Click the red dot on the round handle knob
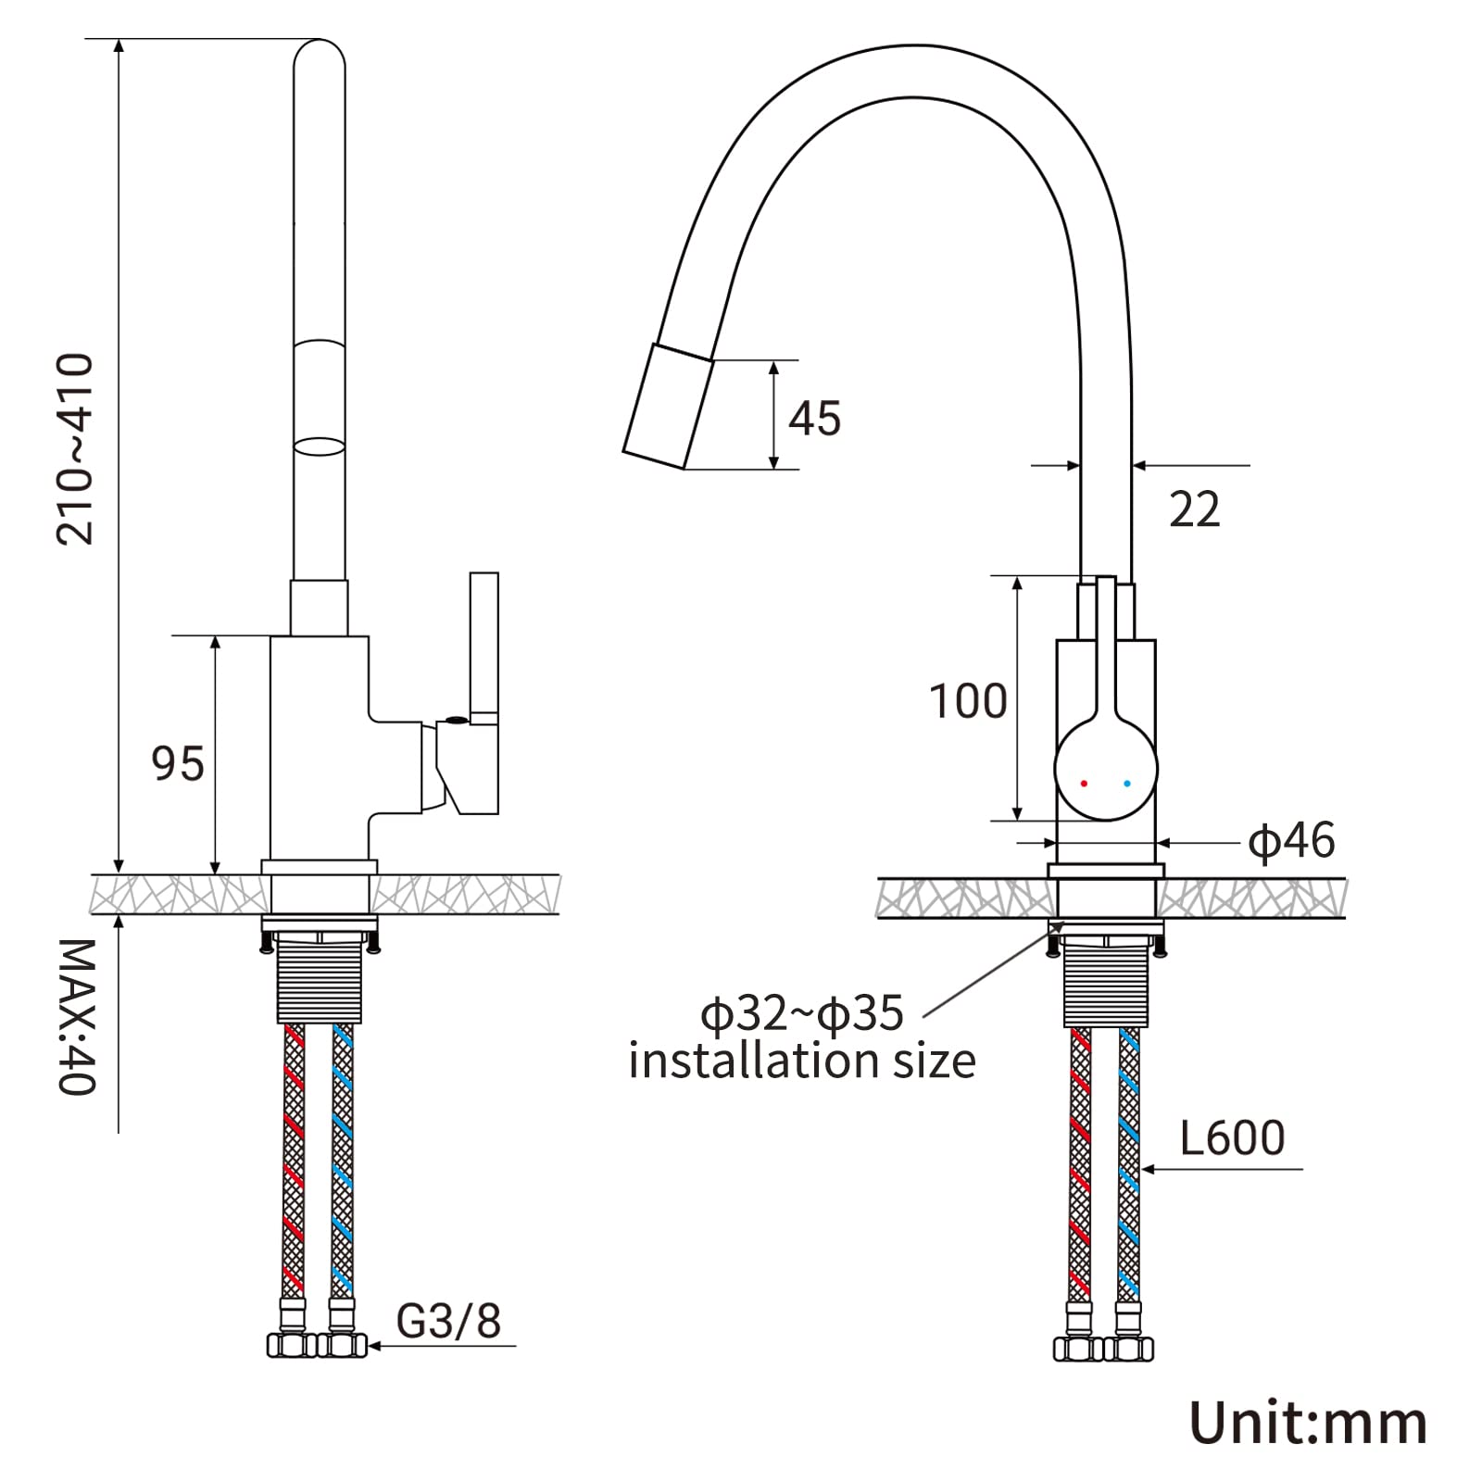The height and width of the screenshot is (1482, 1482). coord(1085,784)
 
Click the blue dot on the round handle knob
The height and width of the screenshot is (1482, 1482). coord(1127,784)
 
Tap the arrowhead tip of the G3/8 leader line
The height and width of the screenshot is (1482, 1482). coord(367,1345)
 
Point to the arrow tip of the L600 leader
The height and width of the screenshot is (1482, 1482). coord(1141,1169)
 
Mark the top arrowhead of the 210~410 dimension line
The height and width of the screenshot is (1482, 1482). coord(119,40)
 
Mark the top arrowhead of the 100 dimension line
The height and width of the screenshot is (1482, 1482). coord(1018,576)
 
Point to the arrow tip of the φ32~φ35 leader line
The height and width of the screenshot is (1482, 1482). coord(1065,923)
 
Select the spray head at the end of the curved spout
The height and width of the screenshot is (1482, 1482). coord(669,407)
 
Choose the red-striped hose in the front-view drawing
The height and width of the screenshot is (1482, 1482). coord(1080,1165)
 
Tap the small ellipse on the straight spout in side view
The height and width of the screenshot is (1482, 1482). coord(320,446)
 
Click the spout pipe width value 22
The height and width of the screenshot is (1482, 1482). coord(1195,509)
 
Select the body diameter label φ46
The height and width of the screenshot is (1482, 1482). coord(1291,841)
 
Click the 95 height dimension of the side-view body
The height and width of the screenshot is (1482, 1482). coord(178,764)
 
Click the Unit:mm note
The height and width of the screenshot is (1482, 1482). coord(1308,1423)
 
